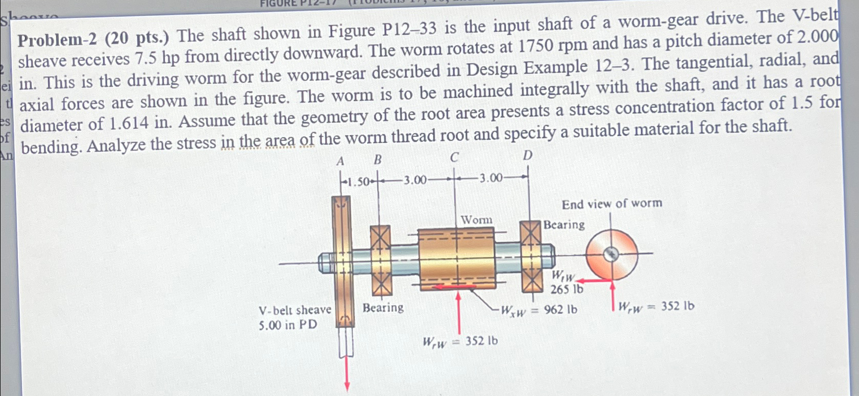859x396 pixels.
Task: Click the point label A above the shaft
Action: point(340,162)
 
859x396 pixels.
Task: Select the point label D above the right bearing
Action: point(528,155)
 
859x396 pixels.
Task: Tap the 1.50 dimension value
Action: point(359,182)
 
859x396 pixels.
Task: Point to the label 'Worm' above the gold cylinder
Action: point(476,220)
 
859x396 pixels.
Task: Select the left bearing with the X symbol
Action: point(380,261)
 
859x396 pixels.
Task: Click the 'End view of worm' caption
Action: point(611,204)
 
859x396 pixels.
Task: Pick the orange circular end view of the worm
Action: point(611,254)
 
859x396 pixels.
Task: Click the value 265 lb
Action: point(566,289)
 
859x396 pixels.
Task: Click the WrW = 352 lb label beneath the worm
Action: point(459,341)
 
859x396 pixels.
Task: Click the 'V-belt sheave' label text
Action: point(294,310)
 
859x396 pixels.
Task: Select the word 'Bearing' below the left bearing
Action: point(383,308)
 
